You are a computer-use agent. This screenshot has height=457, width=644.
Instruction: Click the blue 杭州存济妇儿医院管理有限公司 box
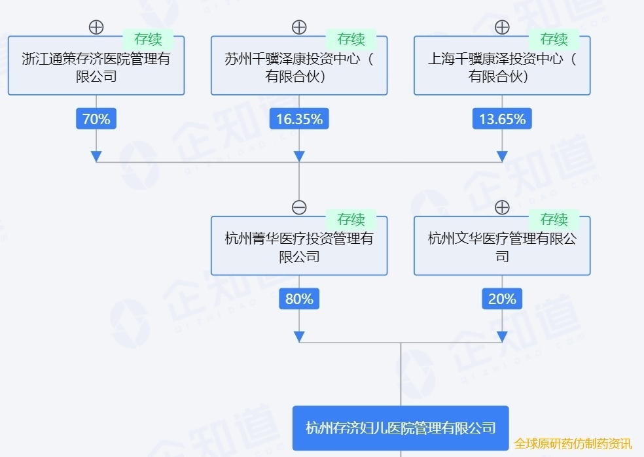point(400,428)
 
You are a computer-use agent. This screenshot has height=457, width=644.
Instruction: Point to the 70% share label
point(96,119)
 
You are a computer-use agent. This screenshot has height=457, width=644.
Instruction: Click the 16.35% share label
point(299,119)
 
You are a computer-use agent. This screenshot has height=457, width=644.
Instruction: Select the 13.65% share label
point(502,119)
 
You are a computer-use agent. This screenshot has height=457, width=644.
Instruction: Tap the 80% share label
point(299,299)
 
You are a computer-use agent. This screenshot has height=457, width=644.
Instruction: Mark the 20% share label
point(502,299)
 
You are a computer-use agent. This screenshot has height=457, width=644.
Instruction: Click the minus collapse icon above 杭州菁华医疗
point(299,207)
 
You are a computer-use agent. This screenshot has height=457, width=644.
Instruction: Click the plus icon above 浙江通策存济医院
point(96,27)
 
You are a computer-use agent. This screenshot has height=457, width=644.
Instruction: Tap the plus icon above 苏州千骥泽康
point(299,27)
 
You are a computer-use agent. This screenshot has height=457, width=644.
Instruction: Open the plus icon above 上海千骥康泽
point(502,27)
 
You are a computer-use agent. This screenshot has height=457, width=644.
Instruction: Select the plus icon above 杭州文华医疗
point(502,207)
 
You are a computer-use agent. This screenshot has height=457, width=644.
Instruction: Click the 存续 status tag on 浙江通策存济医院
point(148,39)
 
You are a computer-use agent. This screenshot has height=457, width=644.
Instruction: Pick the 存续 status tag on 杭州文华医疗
point(554,219)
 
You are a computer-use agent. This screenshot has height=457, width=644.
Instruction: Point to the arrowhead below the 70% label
point(96,156)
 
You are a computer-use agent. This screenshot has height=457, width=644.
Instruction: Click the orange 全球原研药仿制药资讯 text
point(573,443)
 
